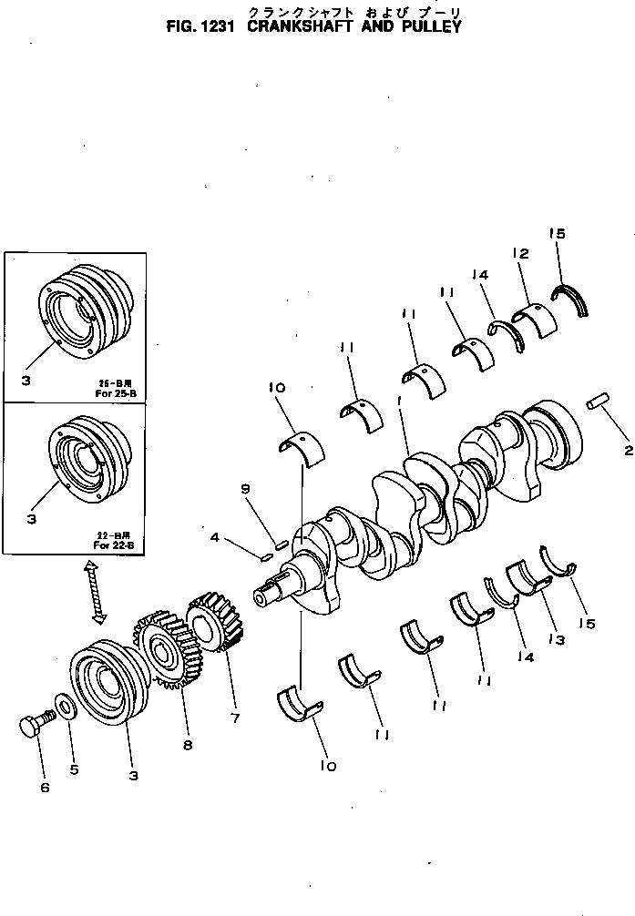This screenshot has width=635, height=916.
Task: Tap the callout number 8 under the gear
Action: point(188,745)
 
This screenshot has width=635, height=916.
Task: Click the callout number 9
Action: point(245,490)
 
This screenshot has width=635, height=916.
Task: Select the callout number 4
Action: point(214,538)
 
